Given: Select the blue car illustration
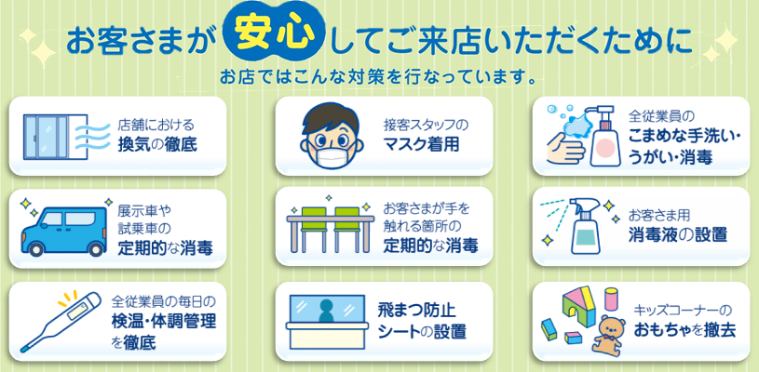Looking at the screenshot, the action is pos(64,232).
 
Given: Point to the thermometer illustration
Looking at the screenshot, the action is pos(60,320).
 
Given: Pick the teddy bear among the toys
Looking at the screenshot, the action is pos(609,334).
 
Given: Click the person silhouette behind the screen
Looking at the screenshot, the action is pos(327,310).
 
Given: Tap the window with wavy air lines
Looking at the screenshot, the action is pos(55,138).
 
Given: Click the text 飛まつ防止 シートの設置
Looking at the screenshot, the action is pos(422,321).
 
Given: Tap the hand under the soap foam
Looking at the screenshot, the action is pos(565,147).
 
